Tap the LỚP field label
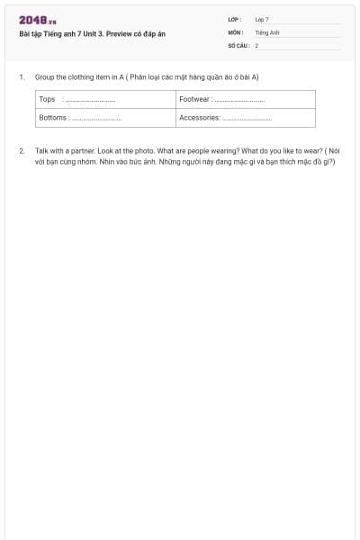pyautogui.click(x=234, y=19)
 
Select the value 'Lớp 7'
pyautogui.click(x=262, y=19)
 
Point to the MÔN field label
pyautogui.click(x=236, y=32)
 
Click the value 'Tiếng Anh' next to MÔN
pyautogui.click(x=267, y=32)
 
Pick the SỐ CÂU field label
pyautogui.click(x=238, y=45)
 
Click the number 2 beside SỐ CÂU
pyautogui.click(x=256, y=45)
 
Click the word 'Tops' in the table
pyautogui.click(x=47, y=99)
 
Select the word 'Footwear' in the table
pyautogui.click(x=194, y=99)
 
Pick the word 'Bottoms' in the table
pyautogui.click(x=53, y=118)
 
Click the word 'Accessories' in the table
pyautogui.click(x=199, y=118)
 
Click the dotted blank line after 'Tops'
pyautogui.click(x=90, y=100)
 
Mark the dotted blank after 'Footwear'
pyautogui.click(x=239, y=100)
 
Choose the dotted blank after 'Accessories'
pyautogui.click(x=247, y=119)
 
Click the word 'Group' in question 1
pyautogui.click(x=44, y=77)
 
